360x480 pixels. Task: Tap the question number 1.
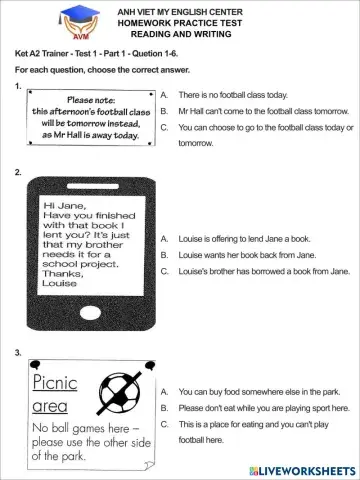pos(20,87)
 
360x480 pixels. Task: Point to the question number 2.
pos(20,173)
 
